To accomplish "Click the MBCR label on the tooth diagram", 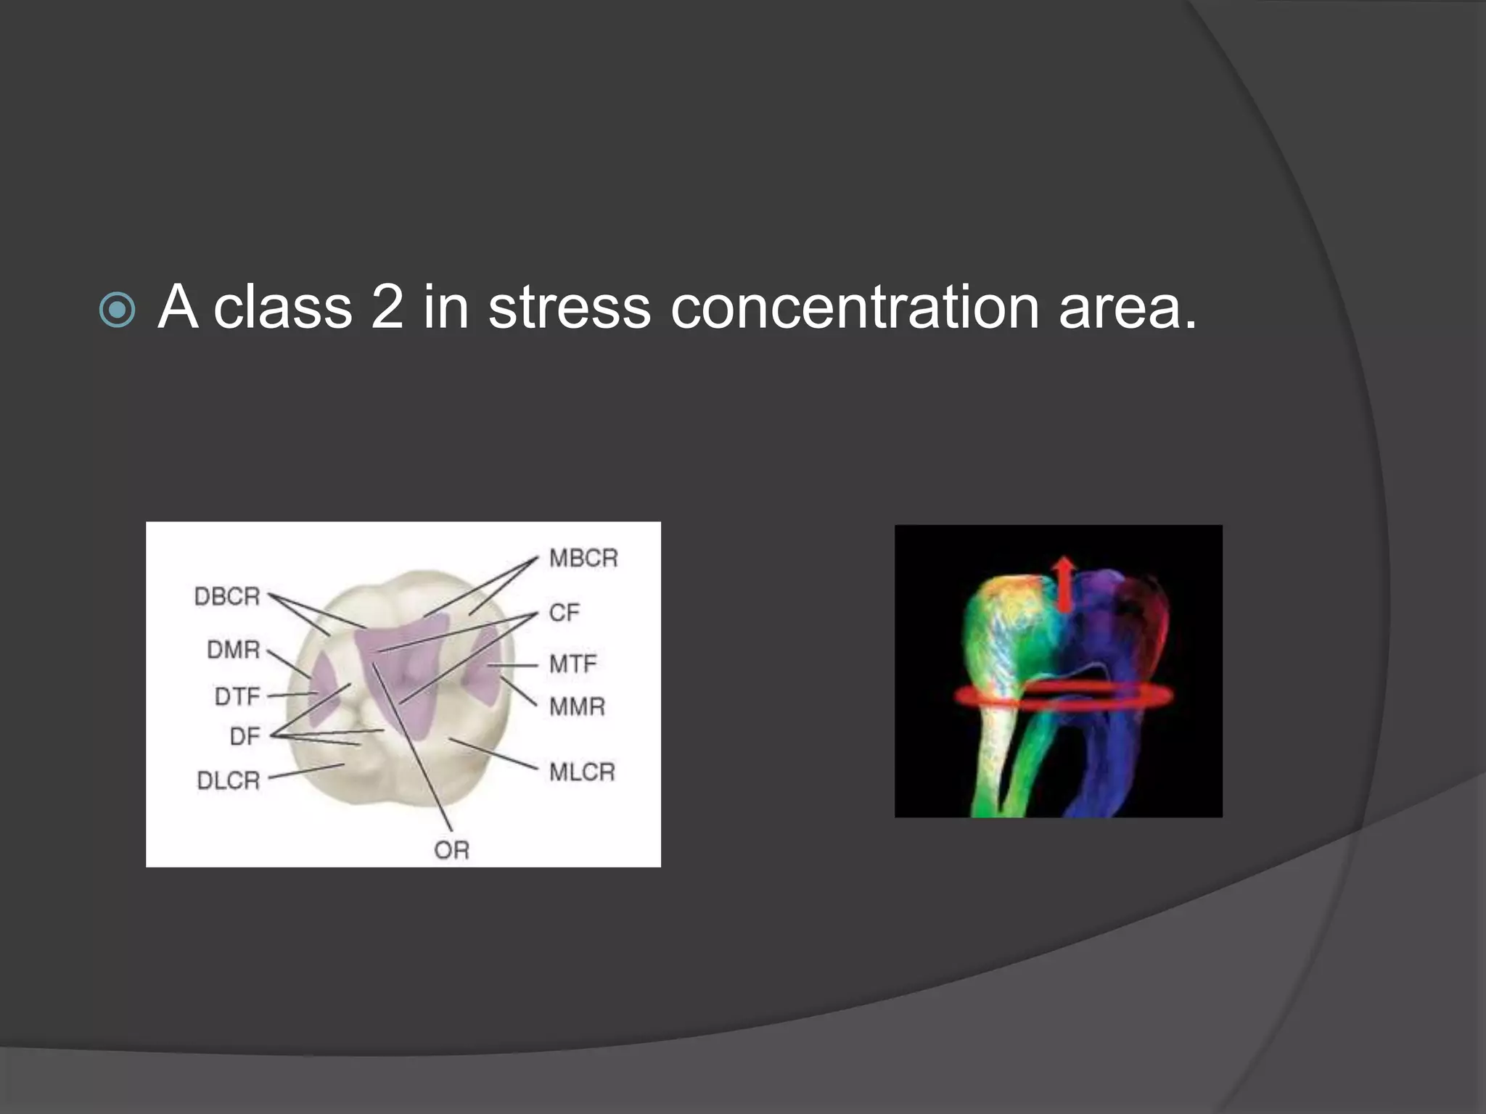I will (583, 558).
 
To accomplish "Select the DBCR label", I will (227, 597).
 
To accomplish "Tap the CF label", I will (565, 613).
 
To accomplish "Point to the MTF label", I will (573, 664).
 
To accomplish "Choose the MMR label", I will (577, 706).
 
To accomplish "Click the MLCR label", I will (582, 772).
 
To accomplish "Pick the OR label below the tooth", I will (451, 850).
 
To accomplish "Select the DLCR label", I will (229, 780).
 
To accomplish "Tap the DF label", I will (245, 737).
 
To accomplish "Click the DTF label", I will (237, 697).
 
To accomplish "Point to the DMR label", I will (234, 650).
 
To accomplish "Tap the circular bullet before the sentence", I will (117, 310).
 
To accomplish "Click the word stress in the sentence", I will (570, 308).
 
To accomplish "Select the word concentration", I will (855, 308).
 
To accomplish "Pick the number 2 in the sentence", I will (387, 308).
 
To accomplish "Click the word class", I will (283, 308).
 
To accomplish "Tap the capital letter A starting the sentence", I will (178, 308).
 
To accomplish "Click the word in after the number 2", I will (446, 308).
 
